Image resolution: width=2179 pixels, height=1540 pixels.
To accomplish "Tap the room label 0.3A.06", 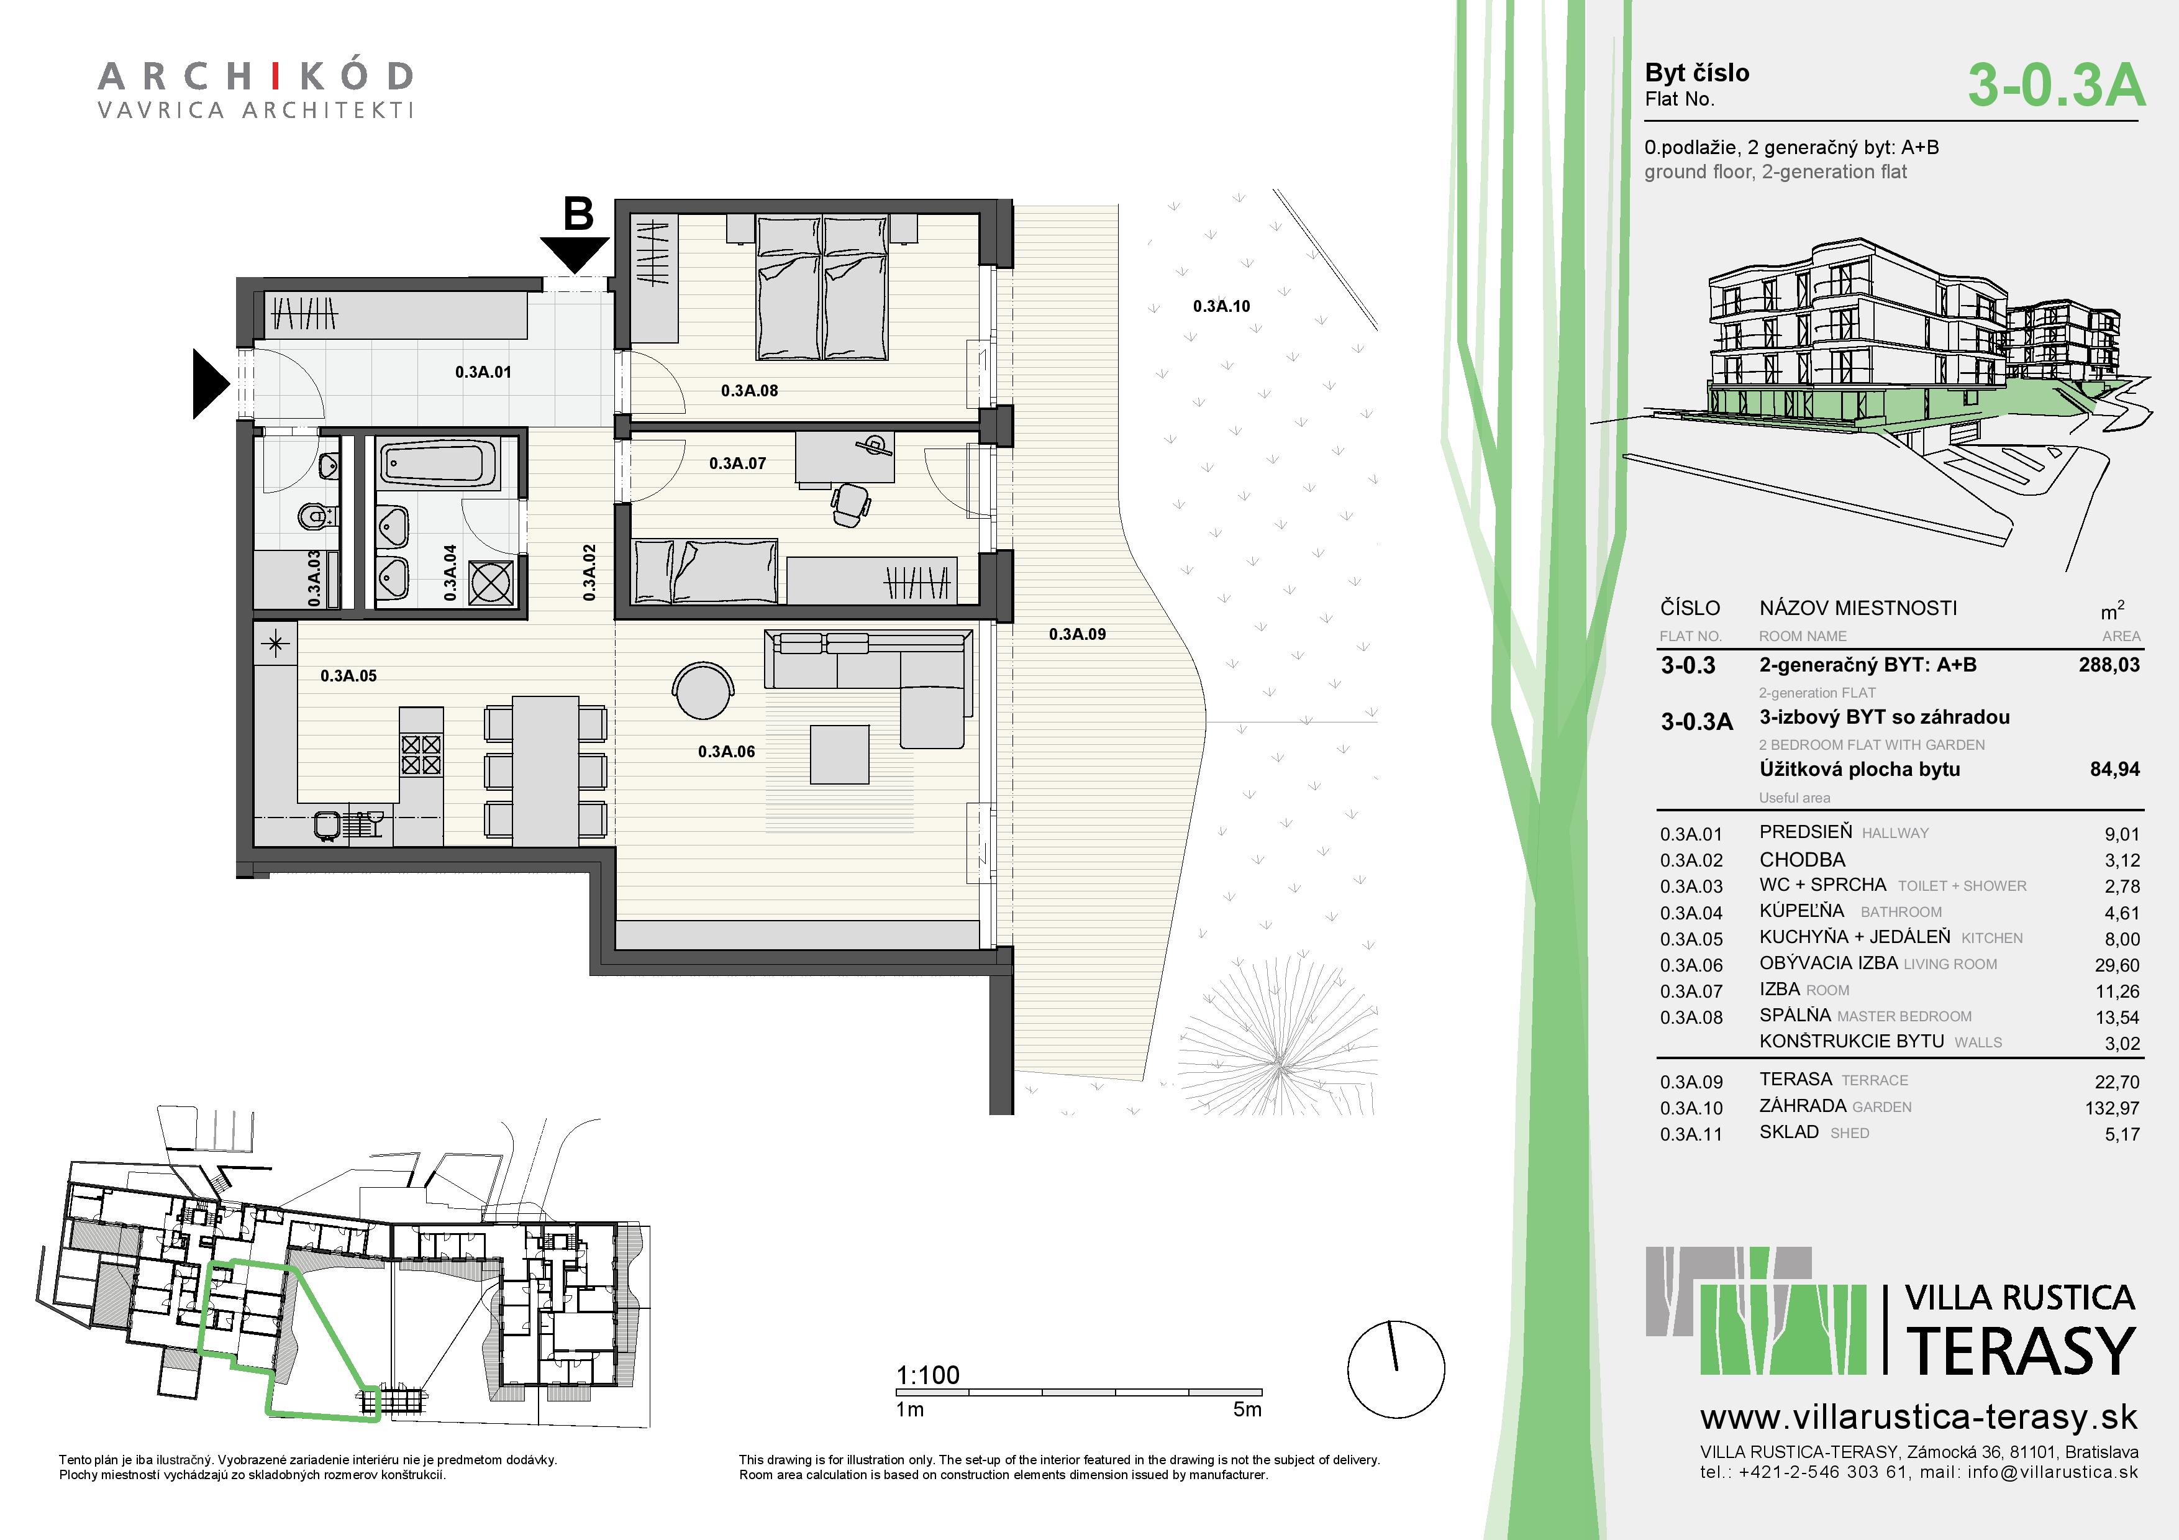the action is coord(726,752).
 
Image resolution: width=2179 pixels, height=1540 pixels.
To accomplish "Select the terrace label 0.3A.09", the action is coord(1077,634).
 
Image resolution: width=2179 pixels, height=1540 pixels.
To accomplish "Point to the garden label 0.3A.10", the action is coord(1221,306).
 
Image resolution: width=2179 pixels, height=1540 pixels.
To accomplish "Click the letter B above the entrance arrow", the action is coord(579,214).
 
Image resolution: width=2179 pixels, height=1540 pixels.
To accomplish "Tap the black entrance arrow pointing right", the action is coord(211,383).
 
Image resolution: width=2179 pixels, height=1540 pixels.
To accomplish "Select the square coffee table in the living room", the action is coord(840,754).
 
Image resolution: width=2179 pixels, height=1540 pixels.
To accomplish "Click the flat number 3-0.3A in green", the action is coord(2055,85).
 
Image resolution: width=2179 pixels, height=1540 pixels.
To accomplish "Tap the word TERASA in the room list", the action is coord(1795,1079).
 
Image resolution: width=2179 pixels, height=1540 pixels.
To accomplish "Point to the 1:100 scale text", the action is coord(927,1375).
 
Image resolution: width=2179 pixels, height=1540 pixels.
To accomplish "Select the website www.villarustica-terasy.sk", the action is coord(1919,1418).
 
